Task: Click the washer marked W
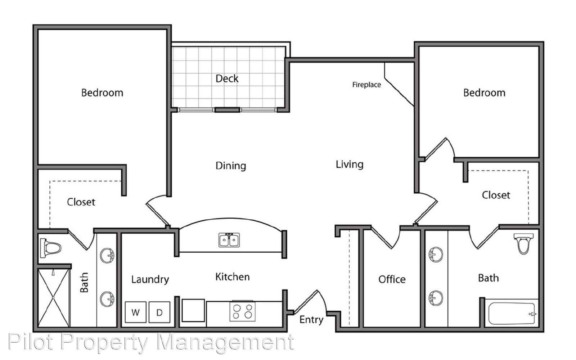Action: click(135, 312)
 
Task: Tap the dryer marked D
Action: click(159, 312)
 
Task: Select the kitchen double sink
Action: click(229, 240)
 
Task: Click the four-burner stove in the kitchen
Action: click(243, 311)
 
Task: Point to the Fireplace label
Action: click(366, 85)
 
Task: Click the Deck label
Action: click(227, 78)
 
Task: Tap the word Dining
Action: click(231, 166)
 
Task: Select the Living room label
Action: click(350, 165)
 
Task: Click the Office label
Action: click(392, 279)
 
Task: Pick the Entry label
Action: click(311, 320)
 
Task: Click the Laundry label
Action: click(150, 279)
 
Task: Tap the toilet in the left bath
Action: click(50, 248)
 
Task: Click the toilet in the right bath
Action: click(523, 243)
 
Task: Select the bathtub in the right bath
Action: click(512, 314)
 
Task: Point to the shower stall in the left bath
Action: click(54, 298)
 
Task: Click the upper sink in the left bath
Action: click(107, 256)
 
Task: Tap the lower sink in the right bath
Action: click(436, 298)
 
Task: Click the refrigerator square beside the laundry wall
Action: click(193, 310)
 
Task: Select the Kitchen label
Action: click(233, 277)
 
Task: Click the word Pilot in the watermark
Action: click(31, 342)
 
